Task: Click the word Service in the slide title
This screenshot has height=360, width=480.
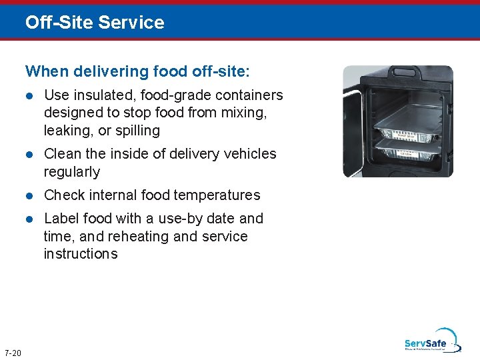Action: coord(131,23)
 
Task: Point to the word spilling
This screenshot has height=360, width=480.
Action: coord(136,131)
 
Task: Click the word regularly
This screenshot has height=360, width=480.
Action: coord(71,171)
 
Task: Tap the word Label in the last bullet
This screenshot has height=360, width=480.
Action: coord(60,219)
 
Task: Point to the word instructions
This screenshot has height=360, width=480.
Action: coord(81,254)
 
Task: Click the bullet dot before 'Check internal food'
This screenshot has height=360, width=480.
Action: coord(29,196)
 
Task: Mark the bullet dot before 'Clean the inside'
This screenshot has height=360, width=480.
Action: coord(29,155)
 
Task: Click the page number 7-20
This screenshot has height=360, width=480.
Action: coord(13,353)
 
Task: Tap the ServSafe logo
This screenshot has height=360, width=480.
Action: coord(429,341)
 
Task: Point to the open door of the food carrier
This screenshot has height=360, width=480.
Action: coord(353,123)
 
